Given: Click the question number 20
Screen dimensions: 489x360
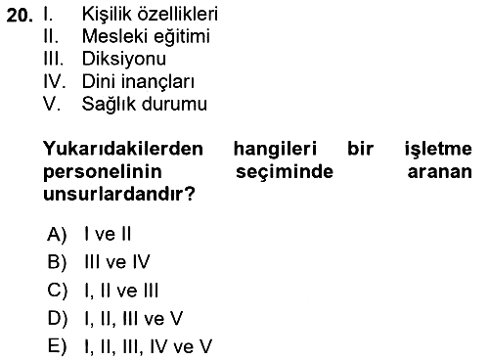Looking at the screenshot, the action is click(x=20, y=15).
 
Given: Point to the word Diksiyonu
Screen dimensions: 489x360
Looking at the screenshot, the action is click(x=124, y=59).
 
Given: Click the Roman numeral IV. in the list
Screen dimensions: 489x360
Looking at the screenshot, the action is click(x=55, y=81).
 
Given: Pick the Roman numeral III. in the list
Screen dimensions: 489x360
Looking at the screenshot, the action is click(x=53, y=59).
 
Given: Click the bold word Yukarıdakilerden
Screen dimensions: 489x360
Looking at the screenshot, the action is click(x=123, y=149).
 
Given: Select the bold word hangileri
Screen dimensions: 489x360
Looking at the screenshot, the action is click(x=275, y=150).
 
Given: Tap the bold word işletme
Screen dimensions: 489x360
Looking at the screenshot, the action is click(x=438, y=150).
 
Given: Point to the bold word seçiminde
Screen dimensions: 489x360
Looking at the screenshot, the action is click(x=285, y=172).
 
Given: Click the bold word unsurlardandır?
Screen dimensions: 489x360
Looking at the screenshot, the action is click(x=119, y=194).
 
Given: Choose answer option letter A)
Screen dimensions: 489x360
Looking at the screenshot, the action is click(x=57, y=234).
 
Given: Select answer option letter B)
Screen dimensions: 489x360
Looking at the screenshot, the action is click(x=57, y=262).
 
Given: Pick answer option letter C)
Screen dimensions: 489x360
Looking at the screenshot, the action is click(x=58, y=291).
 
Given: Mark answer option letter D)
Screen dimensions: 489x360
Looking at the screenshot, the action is click(x=58, y=318).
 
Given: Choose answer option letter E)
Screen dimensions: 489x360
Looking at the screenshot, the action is click(x=57, y=346).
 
